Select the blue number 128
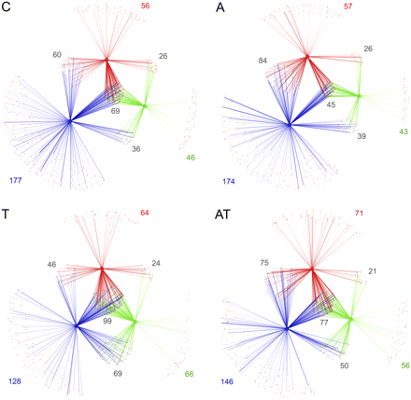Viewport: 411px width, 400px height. (x=15, y=380)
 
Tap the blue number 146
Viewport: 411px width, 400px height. (x=229, y=381)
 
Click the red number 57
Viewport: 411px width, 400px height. (x=348, y=7)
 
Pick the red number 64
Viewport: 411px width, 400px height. (x=145, y=214)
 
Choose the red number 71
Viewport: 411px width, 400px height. (x=359, y=214)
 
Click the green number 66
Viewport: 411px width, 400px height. (x=189, y=374)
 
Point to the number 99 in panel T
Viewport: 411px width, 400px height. (x=107, y=319)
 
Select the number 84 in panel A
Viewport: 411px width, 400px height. (x=264, y=62)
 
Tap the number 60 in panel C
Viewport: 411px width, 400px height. (x=57, y=55)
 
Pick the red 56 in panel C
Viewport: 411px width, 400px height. (x=145, y=7)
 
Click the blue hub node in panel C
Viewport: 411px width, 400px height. (x=69, y=120)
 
